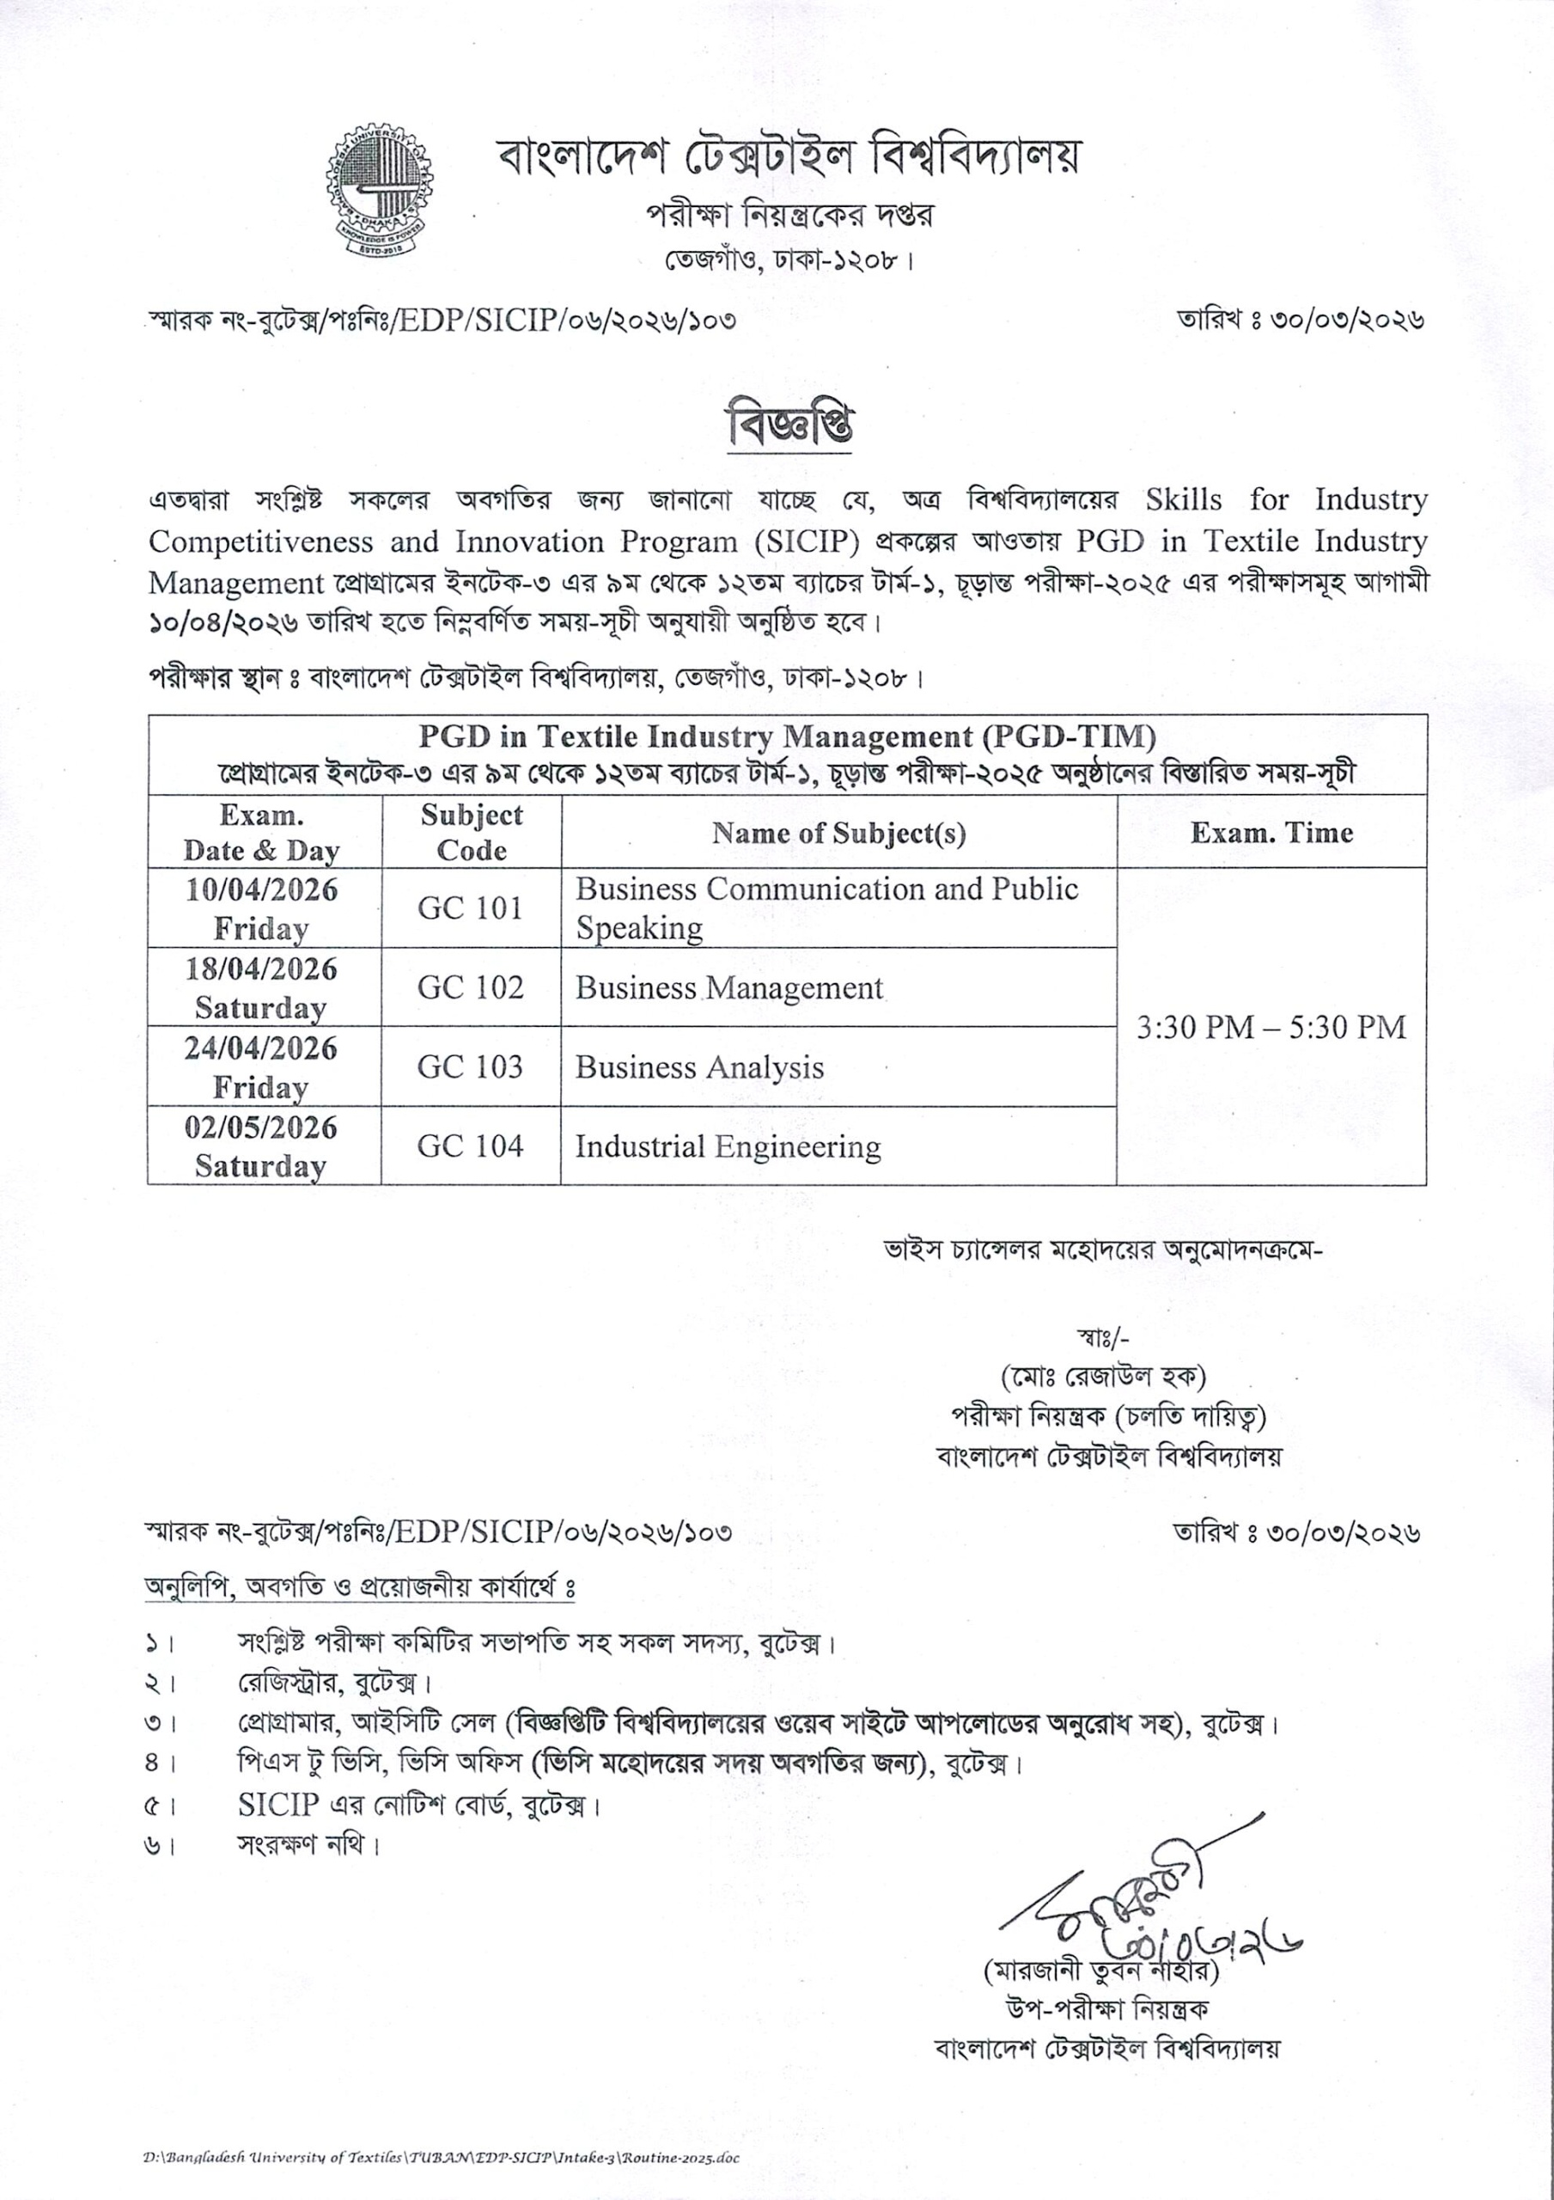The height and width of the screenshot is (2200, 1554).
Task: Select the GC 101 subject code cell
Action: [471, 907]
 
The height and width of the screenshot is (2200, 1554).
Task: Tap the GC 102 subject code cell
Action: [471, 988]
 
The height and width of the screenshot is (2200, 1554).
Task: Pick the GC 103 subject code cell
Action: [471, 1066]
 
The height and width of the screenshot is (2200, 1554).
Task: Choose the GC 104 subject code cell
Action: [471, 1146]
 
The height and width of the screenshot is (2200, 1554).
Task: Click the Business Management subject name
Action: [729, 988]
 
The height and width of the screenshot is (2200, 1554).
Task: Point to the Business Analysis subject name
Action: [699, 1067]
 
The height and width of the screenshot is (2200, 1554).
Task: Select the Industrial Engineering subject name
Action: [728, 1147]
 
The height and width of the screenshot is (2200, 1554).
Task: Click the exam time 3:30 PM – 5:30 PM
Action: [1271, 1027]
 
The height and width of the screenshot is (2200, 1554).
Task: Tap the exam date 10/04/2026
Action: [261, 890]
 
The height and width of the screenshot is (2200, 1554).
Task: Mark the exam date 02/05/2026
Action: [261, 1127]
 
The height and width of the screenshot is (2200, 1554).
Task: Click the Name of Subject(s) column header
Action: [838, 833]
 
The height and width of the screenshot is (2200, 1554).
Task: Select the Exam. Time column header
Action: [1271, 833]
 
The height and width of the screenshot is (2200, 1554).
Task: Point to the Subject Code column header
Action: [472, 833]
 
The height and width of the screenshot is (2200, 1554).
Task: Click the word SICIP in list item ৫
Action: [277, 1805]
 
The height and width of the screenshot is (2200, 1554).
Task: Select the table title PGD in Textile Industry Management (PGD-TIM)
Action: [787, 736]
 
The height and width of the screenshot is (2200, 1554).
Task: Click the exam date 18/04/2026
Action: [261, 969]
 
